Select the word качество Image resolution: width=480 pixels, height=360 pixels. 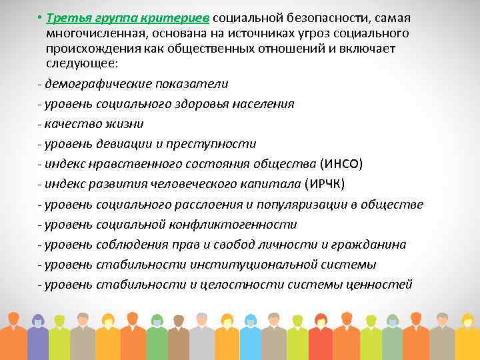point(71,124)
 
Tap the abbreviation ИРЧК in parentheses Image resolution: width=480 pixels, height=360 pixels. point(327,184)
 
